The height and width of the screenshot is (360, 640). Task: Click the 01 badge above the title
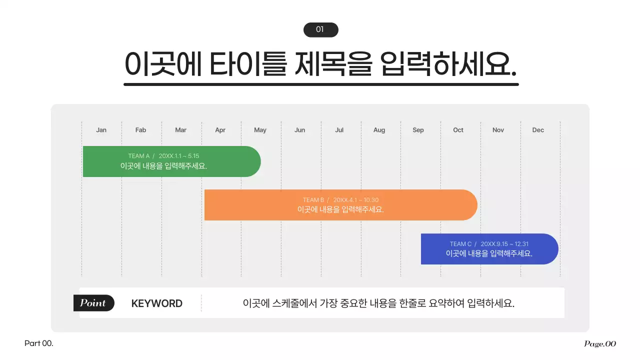pyautogui.click(x=320, y=30)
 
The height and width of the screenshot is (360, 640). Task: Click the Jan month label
pyautogui.click(x=101, y=130)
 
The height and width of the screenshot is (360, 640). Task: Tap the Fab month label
pyautogui.click(x=140, y=130)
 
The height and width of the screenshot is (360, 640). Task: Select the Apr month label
pyautogui.click(x=220, y=130)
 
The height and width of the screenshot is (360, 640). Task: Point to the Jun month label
pyautogui.click(x=300, y=130)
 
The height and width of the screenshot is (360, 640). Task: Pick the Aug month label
pyautogui.click(x=379, y=130)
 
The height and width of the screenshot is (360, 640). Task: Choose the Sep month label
pyautogui.click(x=418, y=130)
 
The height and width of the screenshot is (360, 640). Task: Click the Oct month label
pyautogui.click(x=458, y=130)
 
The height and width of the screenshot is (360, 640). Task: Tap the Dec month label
pyautogui.click(x=538, y=130)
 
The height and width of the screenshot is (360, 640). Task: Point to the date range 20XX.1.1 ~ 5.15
pyautogui.click(x=179, y=156)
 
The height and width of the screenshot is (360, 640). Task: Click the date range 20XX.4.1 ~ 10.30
pyautogui.click(x=356, y=200)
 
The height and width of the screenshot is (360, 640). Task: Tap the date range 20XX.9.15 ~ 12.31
pyautogui.click(x=505, y=244)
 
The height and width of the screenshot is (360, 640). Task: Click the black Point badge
pyautogui.click(x=93, y=303)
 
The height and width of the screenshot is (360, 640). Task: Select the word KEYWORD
pyautogui.click(x=156, y=303)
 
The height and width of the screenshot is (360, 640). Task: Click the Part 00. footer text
pyautogui.click(x=39, y=343)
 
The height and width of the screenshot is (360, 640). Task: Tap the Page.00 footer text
pyautogui.click(x=600, y=343)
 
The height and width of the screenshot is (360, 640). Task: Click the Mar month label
pyautogui.click(x=181, y=130)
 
